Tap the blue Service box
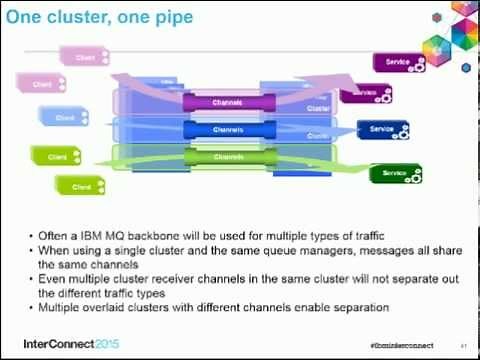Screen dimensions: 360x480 pyautogui.click(x=382, y=129)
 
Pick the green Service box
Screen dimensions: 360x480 pyautogui.click(x=395, y=172)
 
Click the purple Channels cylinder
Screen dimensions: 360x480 pyautogui.click(x=229, y=102)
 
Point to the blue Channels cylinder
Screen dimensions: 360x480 pyautogui.click(x=229, y=129)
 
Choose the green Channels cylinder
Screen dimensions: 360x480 pyautogui.click(x=229, y=157)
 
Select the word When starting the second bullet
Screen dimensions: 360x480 pyautogui.click(x=52, y=248)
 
